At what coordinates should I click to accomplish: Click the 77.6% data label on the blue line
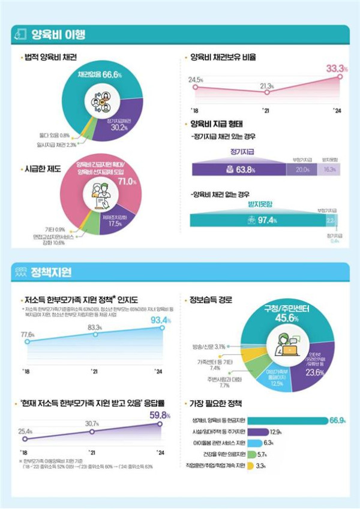27,334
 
